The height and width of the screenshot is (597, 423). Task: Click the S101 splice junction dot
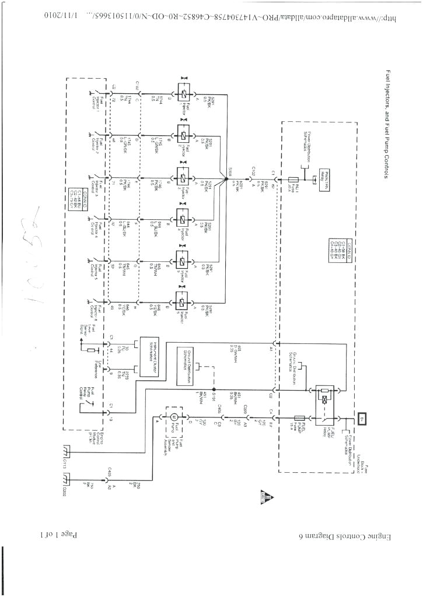click(x=214, y=389)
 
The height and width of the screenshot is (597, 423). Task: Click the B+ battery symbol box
click(x=363, y=417)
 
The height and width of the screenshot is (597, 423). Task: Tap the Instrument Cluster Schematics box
click(x=146, y=357)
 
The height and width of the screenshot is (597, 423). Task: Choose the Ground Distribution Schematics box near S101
click(x=188, y=366)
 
